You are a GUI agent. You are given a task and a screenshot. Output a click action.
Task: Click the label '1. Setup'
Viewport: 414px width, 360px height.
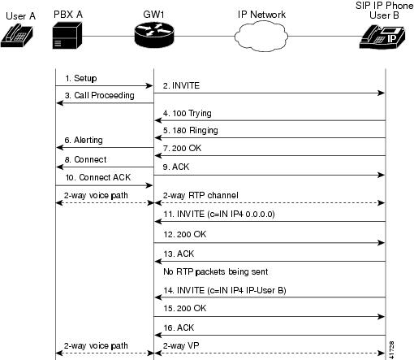pos(80,79)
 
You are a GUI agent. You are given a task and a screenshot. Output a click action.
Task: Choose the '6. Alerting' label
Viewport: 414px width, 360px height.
pos(84,140)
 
